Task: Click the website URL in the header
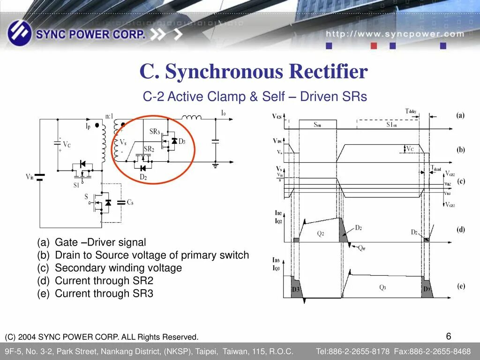tap(395, 34)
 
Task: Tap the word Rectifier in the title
tap(328, 72)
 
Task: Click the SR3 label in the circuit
tap(155, 132)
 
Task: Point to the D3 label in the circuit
tap(182, 141)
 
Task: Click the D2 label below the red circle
tap(143, 177)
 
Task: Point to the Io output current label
tap(224, 113)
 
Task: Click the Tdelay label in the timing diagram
tap(411, 111)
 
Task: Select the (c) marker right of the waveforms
tap(460, 181)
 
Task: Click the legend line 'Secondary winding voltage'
tap(118, 268)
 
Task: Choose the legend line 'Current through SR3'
tap(104, 293)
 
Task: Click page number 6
tap(449, 336)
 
